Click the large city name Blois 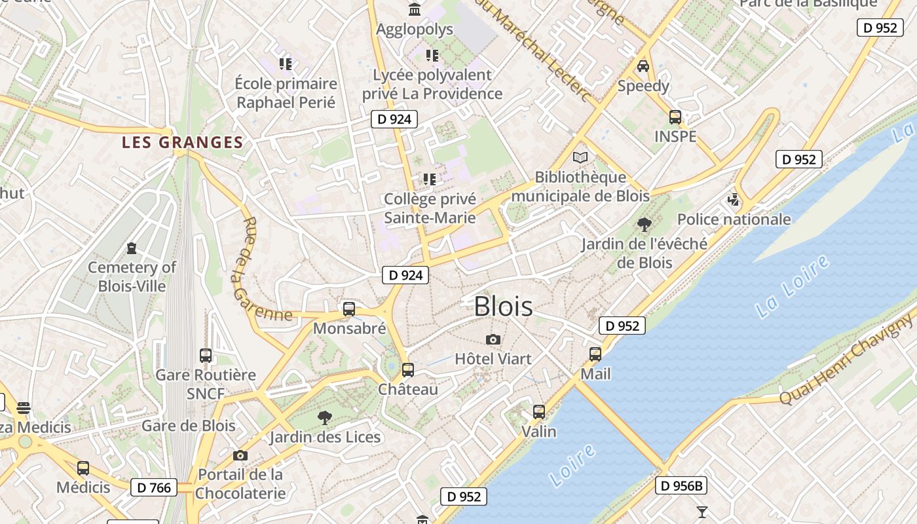click(503, 307)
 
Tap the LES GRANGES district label click(183, 142)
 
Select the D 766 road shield click(154, 487)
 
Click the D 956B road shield click(681, 485)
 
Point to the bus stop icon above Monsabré click(349, 309)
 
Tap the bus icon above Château click(408, 370)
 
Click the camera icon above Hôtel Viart click(493, 339)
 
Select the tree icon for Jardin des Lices click(325, 418)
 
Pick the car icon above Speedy click(643, 66)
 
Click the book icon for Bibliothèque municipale click(580, 157)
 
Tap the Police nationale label click(734, 219)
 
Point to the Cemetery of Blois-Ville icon click(132, 248)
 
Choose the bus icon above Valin click(539, 412)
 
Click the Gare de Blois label click(188, 425)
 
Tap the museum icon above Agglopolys click(415, 10)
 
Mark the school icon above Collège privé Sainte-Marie click(430, 179)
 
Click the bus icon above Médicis click(83, 468)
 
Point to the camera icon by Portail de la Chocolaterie click(240, 455)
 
